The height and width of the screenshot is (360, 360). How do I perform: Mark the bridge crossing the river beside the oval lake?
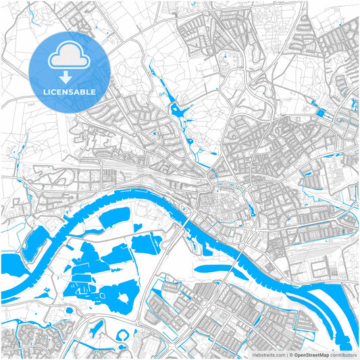click(x=234, y=267)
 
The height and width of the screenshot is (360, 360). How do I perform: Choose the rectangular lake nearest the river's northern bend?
click(x=115, y=217)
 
